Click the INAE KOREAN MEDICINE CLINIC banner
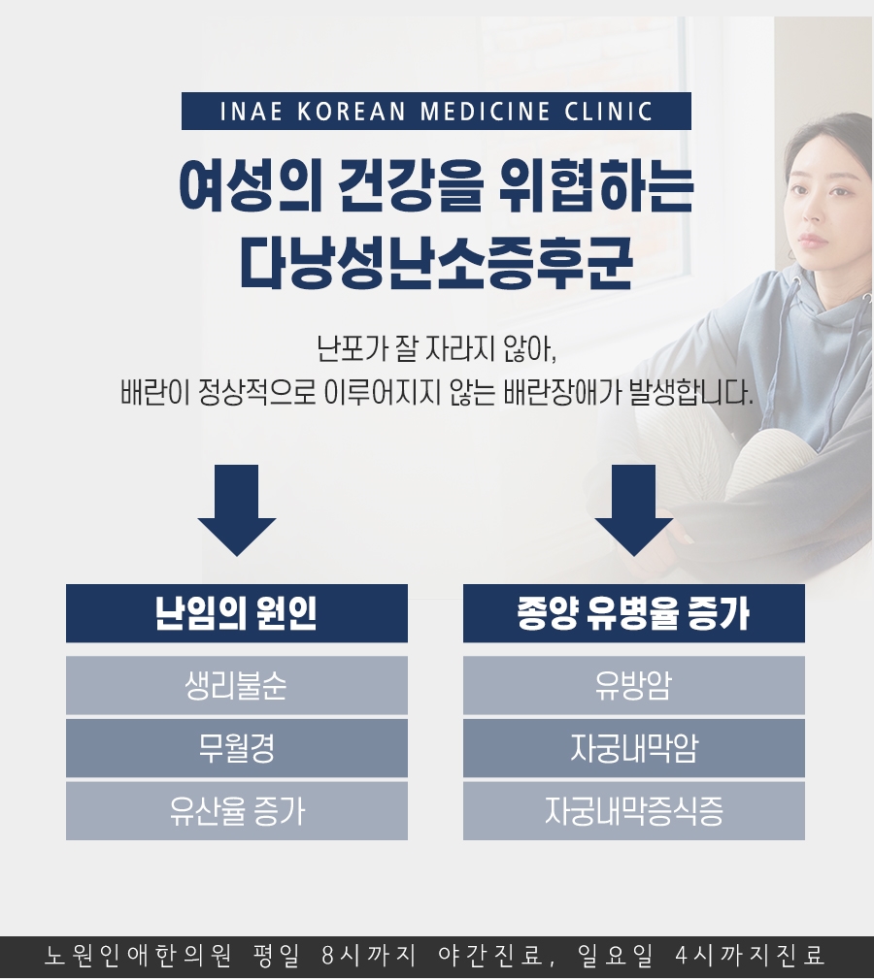[436, 112]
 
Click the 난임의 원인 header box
[237, 613]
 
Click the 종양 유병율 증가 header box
[634, 613]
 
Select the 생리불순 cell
[237, 686]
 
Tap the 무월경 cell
[237, 748]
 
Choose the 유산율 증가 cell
[237, 811]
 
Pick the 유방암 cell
[634, 686]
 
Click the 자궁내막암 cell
[634, 748]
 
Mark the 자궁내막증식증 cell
[634, 811]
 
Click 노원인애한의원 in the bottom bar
[139, 956]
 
